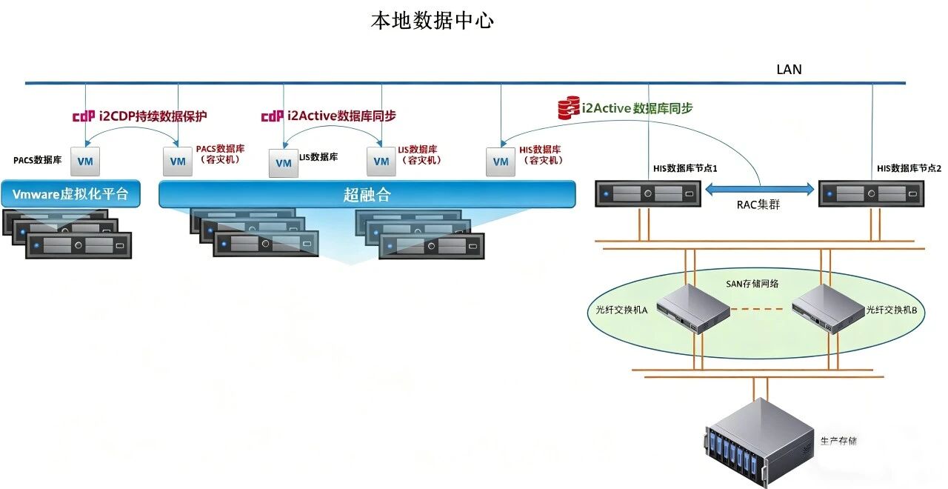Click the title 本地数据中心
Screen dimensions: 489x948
pos(433,21)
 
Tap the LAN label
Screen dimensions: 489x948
pos(789,70)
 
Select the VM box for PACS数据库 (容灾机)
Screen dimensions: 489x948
pos(178,161)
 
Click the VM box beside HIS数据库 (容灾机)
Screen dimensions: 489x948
pos(501,162)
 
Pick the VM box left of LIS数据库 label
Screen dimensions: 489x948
pos(284,163)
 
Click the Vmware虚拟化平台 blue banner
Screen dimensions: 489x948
pos(70,194)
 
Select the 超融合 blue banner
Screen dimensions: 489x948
pos(367,195)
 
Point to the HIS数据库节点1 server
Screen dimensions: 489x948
pos(648,194)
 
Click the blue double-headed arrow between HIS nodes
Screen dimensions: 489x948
pos(759,190)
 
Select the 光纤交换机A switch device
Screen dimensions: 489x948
pos(692,309)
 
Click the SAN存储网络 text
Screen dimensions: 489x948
pos(752,283)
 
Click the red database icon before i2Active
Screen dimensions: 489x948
pos(568,108)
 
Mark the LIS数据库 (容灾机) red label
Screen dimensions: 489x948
pos(418,154)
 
